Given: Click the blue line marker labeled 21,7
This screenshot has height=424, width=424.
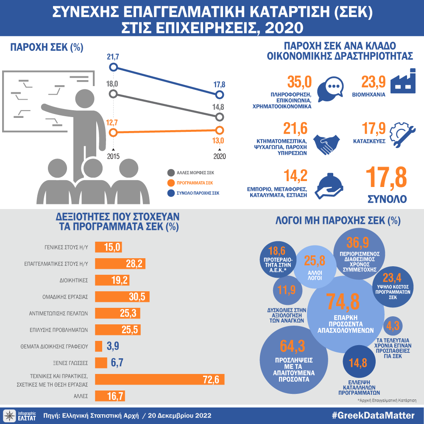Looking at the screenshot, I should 113,67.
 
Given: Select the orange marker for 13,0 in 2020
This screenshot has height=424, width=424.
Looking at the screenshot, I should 219,130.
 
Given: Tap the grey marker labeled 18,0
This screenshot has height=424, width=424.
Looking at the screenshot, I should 113,94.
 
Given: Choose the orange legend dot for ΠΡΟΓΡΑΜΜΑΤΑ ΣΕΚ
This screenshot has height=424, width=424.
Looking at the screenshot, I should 171,183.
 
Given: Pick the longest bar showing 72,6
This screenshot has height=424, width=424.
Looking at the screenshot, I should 159,379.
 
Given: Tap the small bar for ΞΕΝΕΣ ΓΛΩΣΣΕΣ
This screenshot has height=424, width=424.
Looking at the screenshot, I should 101,363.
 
